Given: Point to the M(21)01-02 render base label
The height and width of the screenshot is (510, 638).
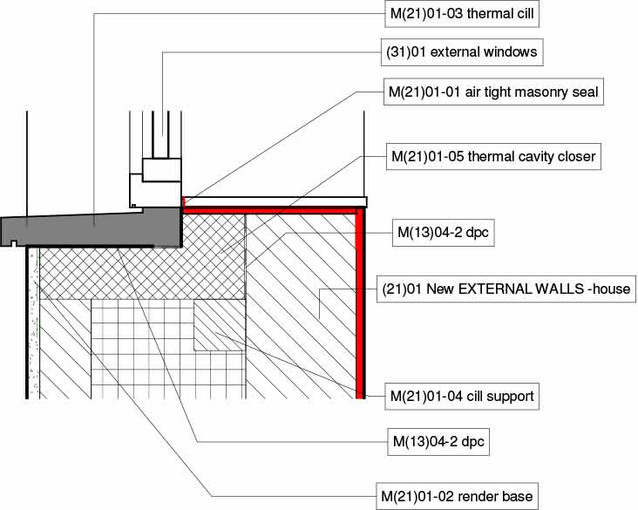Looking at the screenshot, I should (x=455, y=496).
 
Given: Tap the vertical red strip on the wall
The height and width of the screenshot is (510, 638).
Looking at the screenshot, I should (x=359, y=305).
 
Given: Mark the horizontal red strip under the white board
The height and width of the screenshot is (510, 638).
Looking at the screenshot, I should (x=270, y=209).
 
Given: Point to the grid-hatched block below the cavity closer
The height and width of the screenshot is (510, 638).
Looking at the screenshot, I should (x=139, y=349).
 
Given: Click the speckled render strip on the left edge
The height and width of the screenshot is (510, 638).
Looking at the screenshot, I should (x=34, y=323).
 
